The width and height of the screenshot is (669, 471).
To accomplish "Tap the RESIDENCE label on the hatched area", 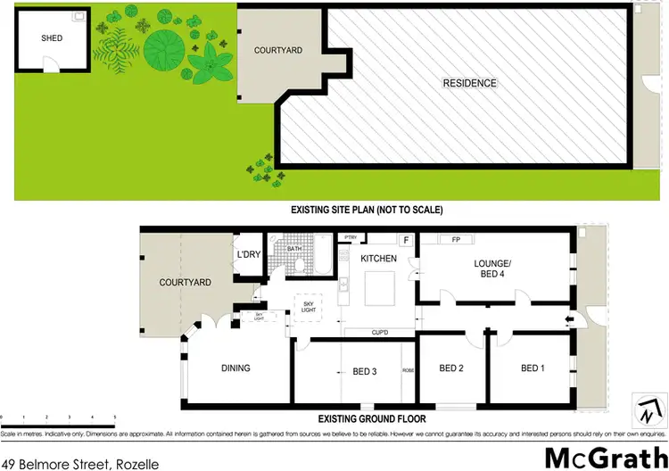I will coord(469,84).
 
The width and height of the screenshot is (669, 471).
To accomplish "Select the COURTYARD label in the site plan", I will coord(278,51).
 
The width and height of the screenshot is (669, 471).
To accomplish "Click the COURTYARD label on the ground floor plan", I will coord(185,283).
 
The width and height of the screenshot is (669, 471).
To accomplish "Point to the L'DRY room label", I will coord(248,256).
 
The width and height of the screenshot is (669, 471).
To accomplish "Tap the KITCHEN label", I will coord(377,258).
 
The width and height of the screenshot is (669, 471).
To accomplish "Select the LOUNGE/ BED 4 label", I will coord(492,269).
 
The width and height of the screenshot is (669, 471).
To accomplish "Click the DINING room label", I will coord(235,368).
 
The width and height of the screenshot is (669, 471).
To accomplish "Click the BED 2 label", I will coord(451,368).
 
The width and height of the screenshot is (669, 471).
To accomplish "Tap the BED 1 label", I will coord(533,368).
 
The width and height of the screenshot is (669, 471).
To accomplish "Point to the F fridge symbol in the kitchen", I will coord(406,240).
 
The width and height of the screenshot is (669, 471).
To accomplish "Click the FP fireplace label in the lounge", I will coord(455,240).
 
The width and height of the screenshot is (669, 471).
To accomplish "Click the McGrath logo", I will coord(601,456).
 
